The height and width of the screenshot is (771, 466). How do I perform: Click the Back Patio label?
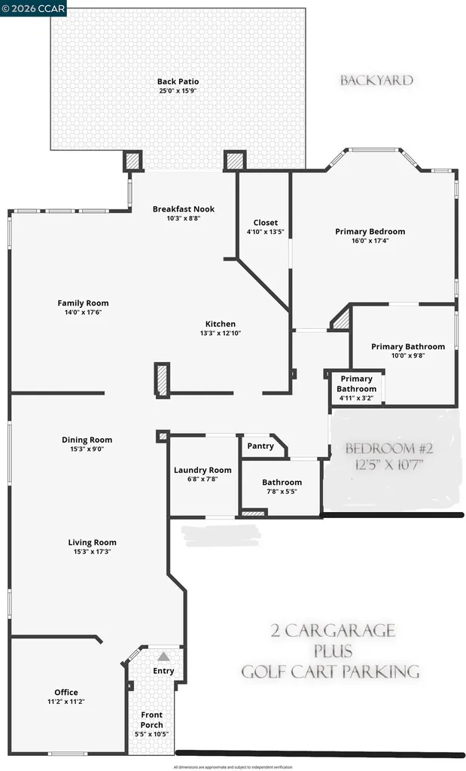pyautogui.click(x=178, y=82)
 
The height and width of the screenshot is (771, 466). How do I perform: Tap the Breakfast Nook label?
pyautogui.click(x=184, y=209)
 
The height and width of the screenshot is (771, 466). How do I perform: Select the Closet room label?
pyautogui.click(x=265, y=223)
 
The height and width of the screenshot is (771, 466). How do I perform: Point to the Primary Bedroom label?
pyautogui.click(x=370, y=232)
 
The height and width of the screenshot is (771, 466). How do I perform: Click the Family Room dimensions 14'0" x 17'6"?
pyautogui.click(x=83, y=312)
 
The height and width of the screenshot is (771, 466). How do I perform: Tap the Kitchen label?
pyautogui.click(x=218, y=324)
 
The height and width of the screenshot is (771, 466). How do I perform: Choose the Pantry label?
pyautogui.click(x=260, y=446)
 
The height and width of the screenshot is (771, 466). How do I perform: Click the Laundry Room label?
pyautogui.click(x=203, y=471)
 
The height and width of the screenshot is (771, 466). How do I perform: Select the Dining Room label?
pyautogui.click(x=87, y=440)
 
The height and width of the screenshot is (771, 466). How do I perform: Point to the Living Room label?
pyautogui.click(x=92, y=542)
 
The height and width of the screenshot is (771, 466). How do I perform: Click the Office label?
pyautogui.click(x=65, y=693)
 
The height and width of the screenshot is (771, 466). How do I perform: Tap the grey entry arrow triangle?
pyautogui.click(x=163, y=657)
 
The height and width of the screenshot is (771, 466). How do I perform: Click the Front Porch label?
pyautogui.click(x=151, y=720)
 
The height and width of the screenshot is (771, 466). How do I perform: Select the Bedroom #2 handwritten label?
pyautogui.click(x=389, y=449)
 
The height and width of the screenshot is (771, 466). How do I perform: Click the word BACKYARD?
pyautogui.click(x=376, y=81)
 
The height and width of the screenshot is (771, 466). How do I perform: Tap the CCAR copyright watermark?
pyautogui.click(x=34, y=8)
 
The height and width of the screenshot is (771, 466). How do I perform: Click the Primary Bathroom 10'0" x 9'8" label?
pyautogui.click(x=407, y=347)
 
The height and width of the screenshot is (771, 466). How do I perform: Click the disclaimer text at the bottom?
pyautogui.click(x=233, y=766)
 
